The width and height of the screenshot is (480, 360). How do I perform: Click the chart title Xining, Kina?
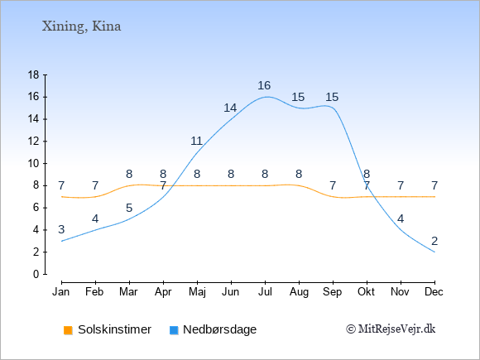click(81, 26)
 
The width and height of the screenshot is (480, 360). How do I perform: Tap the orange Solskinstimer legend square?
click(68, 330)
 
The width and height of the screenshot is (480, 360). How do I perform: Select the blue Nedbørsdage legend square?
click(174, 330)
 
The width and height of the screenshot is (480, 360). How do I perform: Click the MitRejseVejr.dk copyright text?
click(391, 329)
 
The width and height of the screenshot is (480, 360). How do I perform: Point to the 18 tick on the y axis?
click(34, 74)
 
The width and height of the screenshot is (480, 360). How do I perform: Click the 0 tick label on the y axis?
click(36, 274)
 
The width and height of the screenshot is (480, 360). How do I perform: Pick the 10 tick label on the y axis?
click(34, 164)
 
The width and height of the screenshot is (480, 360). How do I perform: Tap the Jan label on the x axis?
click(61, 292)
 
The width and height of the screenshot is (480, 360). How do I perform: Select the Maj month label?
click(197, 292)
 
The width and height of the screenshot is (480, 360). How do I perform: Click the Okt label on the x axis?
click(366, 292)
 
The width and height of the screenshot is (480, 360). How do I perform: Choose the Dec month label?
click(434, 292)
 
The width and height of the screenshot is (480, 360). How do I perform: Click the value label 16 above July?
click(264, 85)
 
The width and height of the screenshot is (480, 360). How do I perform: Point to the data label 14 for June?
click(230, 108)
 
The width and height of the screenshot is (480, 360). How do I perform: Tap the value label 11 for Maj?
click(196, 142)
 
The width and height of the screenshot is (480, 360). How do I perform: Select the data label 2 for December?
click(434, 241)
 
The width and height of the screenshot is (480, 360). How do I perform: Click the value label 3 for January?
click(61, 229)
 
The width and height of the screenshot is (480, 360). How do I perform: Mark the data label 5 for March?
click(129, 209)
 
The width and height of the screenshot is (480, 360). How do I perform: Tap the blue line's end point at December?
click(434, 252)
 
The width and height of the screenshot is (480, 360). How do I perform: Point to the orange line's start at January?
click(62, 196)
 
